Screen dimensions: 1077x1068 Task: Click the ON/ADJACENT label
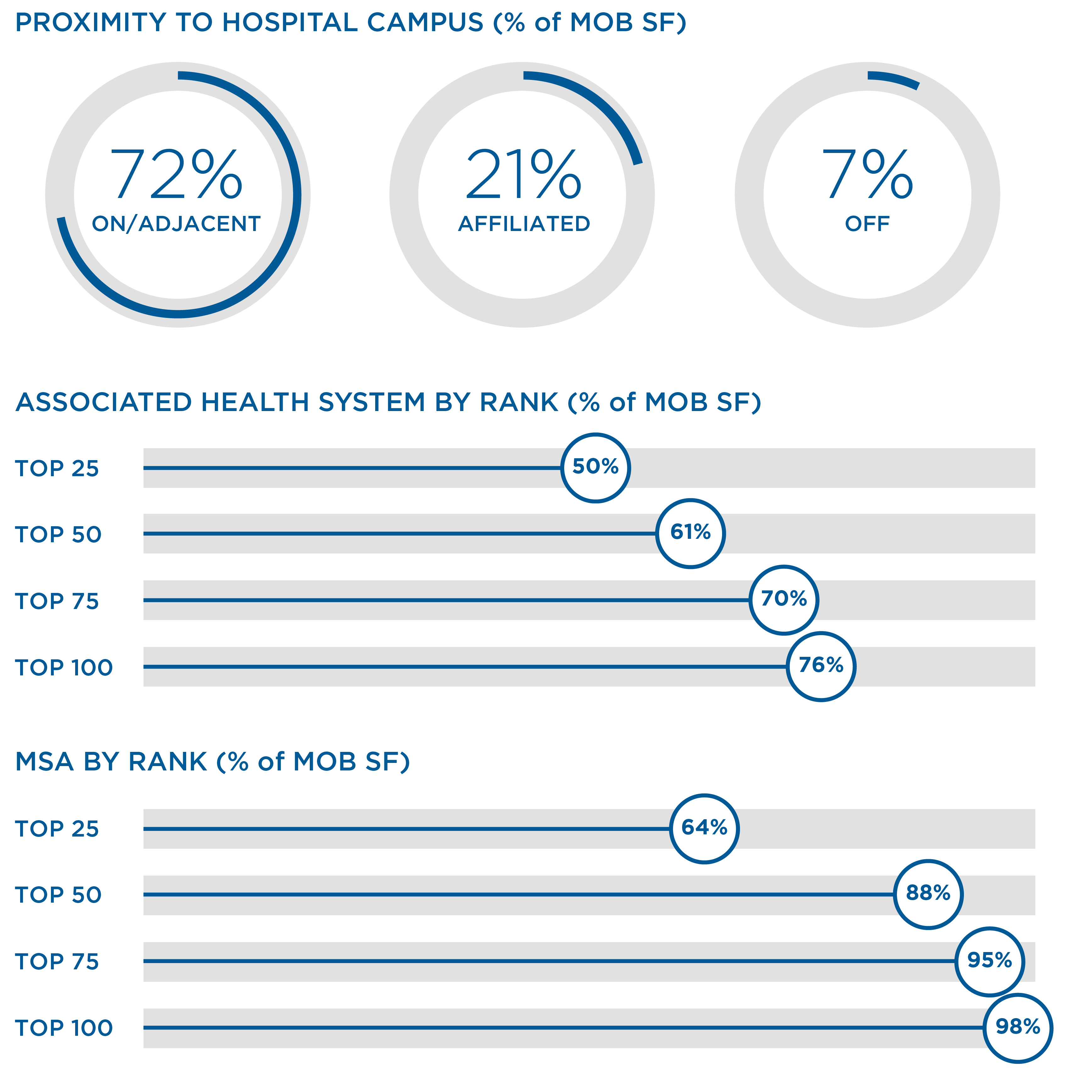[176, 224]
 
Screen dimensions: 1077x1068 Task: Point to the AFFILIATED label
[524, 224]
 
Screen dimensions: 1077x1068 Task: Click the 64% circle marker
[704, 828]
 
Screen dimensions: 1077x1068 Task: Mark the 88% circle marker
[928, 894]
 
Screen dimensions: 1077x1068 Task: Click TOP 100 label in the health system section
[64, 667]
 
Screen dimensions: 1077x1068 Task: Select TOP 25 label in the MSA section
[57, 829]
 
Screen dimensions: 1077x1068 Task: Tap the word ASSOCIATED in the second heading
[104, 403]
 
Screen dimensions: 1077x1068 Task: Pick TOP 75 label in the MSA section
[57, 961]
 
